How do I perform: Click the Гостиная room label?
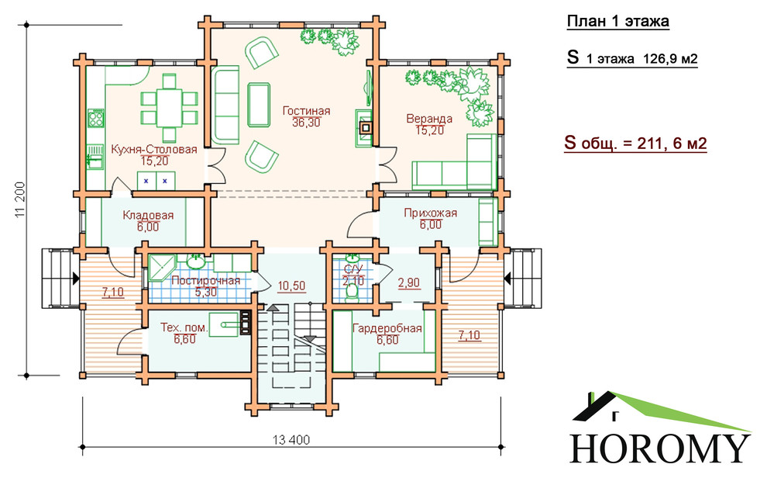tap(306, 111)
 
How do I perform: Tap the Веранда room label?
tap(429, 119)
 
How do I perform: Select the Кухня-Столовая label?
tap(154, 149)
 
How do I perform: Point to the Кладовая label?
tap(148, 215)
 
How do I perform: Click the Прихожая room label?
tap(431, 213)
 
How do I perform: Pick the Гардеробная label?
tap(387, 328)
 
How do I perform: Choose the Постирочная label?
tap(205, 281)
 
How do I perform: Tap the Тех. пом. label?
tap(184, 327)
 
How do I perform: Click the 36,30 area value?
tap(306, 123)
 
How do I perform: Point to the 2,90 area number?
tap(409, 283)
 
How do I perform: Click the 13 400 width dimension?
tap(291, 440)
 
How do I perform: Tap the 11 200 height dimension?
tap(19, 200)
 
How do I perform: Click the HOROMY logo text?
tap(660, 449)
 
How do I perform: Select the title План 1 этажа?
tap(617, 22)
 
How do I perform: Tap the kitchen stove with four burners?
tap(96, 117)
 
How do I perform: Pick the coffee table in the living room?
tap(259, 105)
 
